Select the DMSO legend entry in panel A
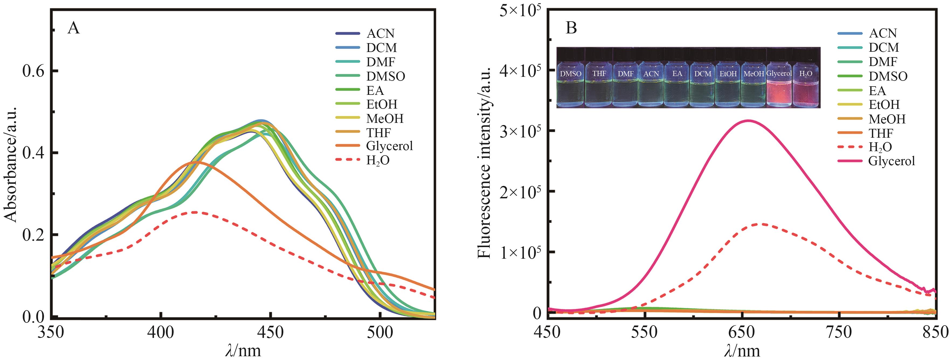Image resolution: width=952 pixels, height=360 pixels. pyautogui.click(x=385, y=76)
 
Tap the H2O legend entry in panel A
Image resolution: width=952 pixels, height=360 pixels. pyautogui.click(x=378, y=160)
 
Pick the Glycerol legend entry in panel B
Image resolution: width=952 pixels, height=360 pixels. pyautogui.click(x=891, y=161)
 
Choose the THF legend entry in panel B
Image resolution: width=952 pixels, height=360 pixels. pyautogui.click(x=881, y=133)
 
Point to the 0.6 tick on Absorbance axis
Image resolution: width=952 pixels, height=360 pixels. pyautogui.click(x=34, y=71)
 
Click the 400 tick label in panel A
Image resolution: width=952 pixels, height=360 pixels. pyautogui.click(x=161, y=332)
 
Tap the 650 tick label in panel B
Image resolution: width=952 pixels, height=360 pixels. pyautogui.click(x=743, y=332)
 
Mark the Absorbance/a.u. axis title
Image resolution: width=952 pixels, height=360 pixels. pyautogui.click(x=11, y=164)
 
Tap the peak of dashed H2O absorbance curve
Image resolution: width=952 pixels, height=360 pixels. pyautogui.click(x=194, y=212)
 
